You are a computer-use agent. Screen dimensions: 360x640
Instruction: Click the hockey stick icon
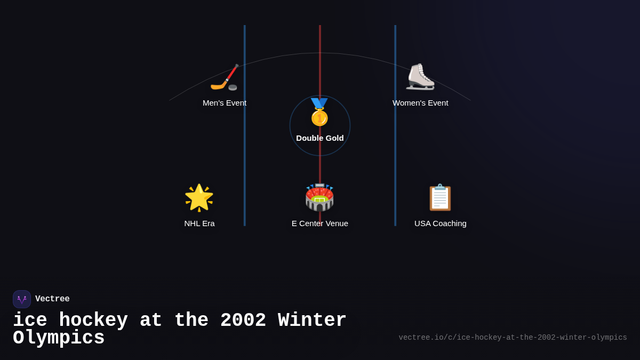pos(225,78)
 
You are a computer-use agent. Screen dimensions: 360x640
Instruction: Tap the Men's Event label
pos(225,103)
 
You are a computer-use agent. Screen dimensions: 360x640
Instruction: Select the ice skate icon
pos(420,77)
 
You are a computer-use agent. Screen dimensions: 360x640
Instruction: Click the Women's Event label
pos(420,103)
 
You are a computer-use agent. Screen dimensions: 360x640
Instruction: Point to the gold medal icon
pos(319,113)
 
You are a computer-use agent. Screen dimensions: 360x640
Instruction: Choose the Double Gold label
pos(320,138)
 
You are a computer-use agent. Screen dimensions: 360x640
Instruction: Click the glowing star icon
pos(199,198)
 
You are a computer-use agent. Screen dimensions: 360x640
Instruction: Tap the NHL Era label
pos(199,223)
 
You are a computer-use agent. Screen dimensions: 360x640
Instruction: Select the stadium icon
pos(319,198)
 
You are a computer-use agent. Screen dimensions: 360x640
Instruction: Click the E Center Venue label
pos(320,223)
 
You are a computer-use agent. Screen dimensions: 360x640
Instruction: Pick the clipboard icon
pos(440,198)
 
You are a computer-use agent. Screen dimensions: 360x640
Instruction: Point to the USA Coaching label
pos(441,223)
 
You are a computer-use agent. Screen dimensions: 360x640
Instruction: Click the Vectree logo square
pos(22,299)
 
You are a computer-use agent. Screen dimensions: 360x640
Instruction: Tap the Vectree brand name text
pos(52,299)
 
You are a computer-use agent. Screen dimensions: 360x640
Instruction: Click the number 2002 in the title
pos(243,321)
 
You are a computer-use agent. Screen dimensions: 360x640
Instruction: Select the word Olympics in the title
pos(59,338)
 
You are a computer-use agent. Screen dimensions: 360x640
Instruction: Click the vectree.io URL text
pos(513,338)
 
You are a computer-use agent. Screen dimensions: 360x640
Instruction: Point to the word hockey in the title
pos(93,321)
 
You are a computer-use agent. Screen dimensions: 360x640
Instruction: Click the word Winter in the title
pos(313,321)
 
